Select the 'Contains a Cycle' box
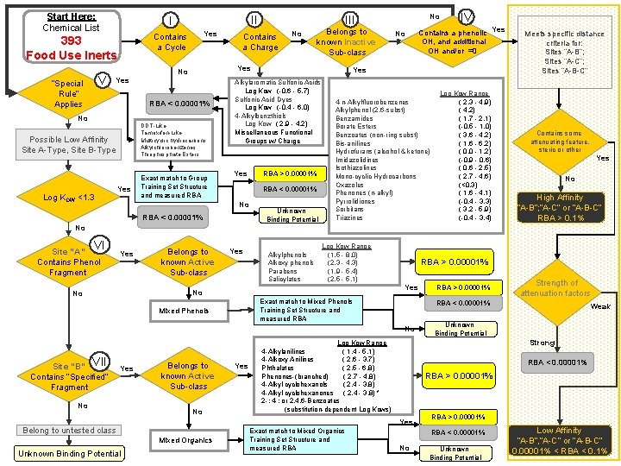click(170, 42)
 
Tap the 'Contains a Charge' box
click(260, 42)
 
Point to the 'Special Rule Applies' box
click(68, 94)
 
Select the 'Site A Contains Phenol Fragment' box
click(68, 262)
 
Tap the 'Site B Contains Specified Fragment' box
click(68, 376)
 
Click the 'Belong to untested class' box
click(69, 430)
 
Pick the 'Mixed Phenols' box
click(184, 311)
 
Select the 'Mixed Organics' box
click(184, 440)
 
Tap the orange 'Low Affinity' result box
click(559, 442)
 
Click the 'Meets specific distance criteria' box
click(565, 52)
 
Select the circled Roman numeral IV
click(466, 15)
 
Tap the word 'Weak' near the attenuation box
click(599, 306)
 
